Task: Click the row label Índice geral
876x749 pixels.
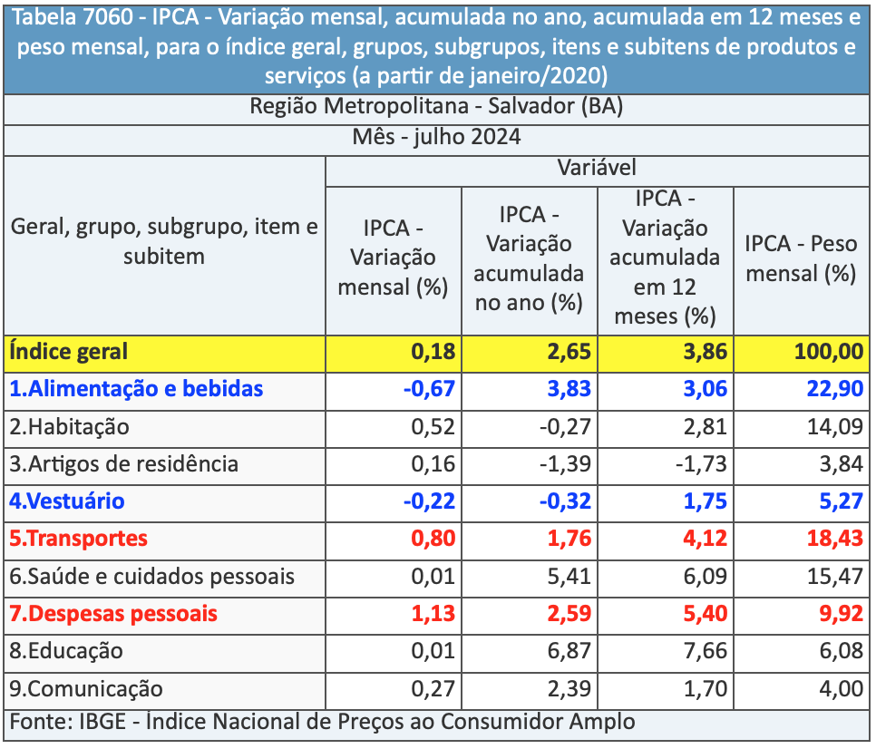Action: (69, 351)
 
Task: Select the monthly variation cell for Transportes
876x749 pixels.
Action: (433, 539)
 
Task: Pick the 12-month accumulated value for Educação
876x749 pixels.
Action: (702, 651)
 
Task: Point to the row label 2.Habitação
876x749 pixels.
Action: (70, 426)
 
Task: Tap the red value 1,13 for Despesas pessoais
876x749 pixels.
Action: (433, 614)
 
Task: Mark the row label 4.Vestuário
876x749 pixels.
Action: (67, 501)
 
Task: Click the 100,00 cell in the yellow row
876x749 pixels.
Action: (829, 352)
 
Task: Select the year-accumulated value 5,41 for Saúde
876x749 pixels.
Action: (569, 576)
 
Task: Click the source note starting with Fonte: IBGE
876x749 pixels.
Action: (323, 722)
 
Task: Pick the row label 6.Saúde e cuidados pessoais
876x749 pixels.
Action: (152, 576)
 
